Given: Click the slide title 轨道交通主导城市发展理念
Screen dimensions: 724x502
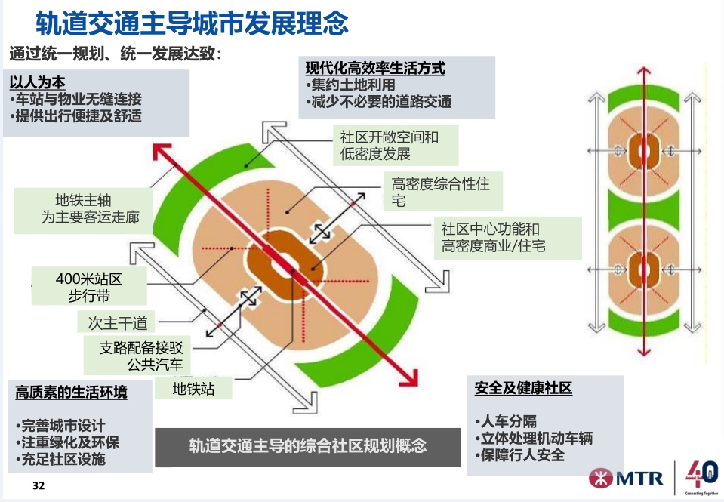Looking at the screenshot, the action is tap(192, 23).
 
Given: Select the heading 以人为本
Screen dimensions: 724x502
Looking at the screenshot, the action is tap(38, 82).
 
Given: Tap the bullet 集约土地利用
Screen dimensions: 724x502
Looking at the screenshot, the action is tap(350, 85).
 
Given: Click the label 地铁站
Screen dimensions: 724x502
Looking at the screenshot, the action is tap(193, 389).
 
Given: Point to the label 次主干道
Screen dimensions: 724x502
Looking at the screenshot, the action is tap(117, 322).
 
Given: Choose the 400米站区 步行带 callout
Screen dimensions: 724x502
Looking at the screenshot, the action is tap(89, 287).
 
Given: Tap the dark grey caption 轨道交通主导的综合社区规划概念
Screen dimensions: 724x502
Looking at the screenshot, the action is tap(308, 445).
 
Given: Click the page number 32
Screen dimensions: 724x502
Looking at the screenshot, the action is tap(39, 485).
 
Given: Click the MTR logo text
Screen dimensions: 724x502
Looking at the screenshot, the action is tap(639, 478).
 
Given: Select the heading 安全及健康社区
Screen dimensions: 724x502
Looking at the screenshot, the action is tap(523, 388).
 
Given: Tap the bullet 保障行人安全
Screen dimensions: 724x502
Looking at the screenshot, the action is tap(519, 455).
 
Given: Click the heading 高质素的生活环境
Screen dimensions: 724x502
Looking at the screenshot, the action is tap(71, 392).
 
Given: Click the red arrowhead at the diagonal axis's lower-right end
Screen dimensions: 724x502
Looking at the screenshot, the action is tap(409, 377).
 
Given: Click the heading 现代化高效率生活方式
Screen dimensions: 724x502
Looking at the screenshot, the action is tap(375, 68).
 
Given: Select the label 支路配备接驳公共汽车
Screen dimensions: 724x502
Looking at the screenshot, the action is tap(137, 355).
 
